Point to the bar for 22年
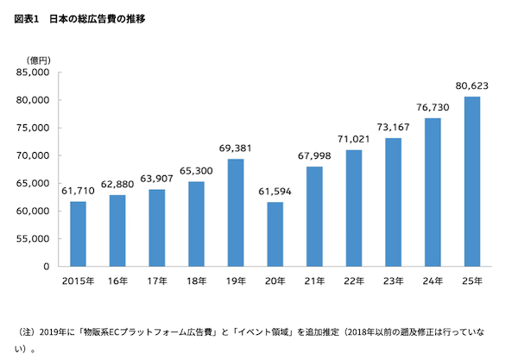[354, 208]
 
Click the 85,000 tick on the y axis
[35, 73]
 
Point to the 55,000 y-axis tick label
[35, 238]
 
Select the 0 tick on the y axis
[48, 266]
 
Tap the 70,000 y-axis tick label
[35, 155]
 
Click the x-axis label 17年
[157, 281]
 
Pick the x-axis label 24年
[433, 281]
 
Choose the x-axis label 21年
[314, 281]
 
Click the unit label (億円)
[41, 59]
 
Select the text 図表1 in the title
[27, 18]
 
